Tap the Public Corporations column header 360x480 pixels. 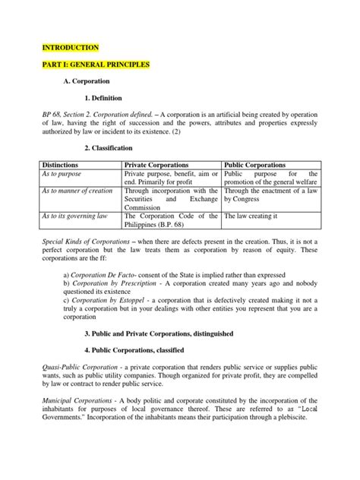point(254,164)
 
